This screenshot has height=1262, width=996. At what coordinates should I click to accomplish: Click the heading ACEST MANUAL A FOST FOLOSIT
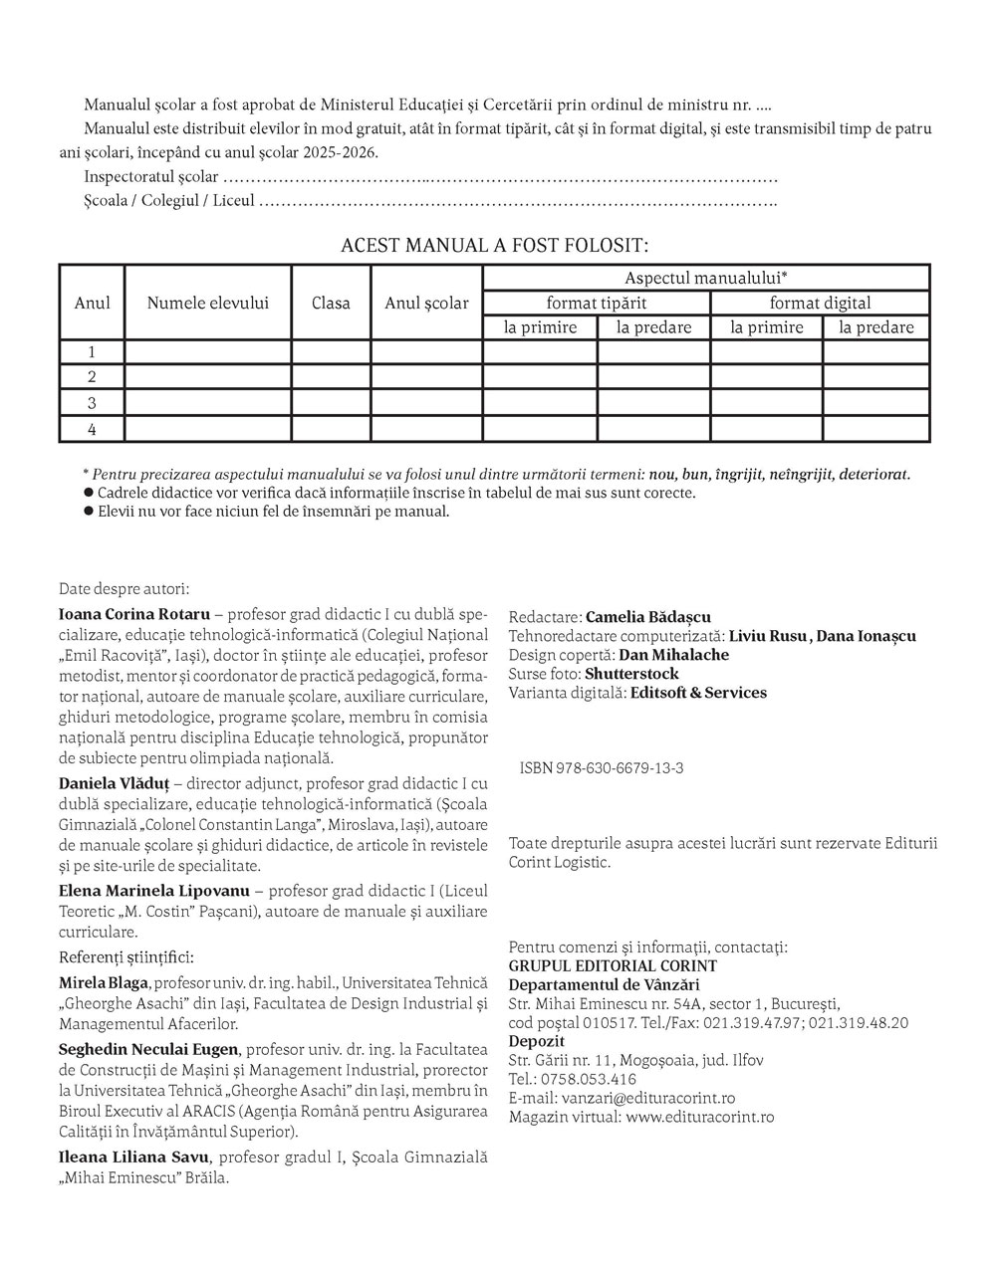(494, 245)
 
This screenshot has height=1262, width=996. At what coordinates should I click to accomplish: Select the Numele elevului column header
(207, 303)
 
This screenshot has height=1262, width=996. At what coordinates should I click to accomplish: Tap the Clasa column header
(331, 303)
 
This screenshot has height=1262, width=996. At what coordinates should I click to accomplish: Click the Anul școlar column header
(426, 303)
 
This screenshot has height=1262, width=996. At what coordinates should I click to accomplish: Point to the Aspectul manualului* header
(706, 278)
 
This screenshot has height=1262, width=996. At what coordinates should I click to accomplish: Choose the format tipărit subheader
(596, 303)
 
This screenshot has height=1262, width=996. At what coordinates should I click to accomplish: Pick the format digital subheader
(820, 303)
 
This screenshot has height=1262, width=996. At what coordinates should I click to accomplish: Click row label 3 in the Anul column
(92, 403)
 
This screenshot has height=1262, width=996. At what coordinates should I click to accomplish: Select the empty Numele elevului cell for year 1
(207, 351)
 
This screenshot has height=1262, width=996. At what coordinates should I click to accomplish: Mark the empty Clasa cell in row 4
(331, 430)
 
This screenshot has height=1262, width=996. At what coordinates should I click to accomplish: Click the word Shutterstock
(632, 674)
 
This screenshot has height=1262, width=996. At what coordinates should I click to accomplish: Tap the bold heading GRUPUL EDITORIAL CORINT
(612, 966)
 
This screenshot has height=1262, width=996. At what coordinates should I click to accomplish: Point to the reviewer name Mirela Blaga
(104, 983)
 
